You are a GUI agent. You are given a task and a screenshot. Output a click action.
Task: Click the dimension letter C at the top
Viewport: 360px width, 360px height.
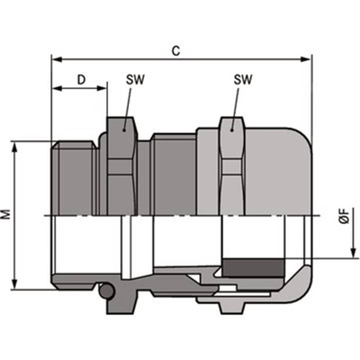[x=176, y=51]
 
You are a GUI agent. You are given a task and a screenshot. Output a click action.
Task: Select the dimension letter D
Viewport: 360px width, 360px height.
[x=81, y=80]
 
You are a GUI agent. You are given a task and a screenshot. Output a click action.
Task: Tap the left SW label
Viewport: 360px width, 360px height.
[x=135, y=80]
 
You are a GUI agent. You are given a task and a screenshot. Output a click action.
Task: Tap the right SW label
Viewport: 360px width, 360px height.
[x=243, y=80]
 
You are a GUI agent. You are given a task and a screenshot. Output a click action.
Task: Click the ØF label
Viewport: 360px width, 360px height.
[x=344, y=216]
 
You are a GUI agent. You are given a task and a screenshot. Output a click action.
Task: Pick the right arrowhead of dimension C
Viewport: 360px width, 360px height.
[x=306, y=59]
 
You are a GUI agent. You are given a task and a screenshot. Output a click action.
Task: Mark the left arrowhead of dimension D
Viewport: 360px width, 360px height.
[x=58, y=88]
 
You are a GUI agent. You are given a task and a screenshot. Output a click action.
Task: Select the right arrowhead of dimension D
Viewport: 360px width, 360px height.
[x=102, y=88]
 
